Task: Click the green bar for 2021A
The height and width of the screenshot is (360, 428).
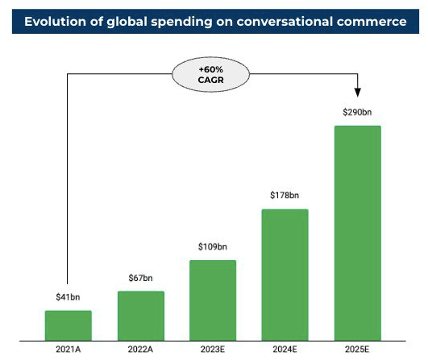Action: click(68, 324)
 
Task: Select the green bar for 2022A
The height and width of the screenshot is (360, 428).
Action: click(140, 314)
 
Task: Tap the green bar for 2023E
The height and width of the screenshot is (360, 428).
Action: click(213, 299)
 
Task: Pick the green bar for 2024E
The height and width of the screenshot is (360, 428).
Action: click(285, 273)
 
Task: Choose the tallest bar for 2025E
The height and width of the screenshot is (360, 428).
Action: click(357, 231)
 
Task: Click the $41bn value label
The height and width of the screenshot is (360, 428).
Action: click(68, 297)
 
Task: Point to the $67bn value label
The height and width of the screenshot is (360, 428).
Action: click(140, 278)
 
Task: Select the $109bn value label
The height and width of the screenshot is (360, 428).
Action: click(213, 246)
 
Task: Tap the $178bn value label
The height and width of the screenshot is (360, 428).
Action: click(285, 196)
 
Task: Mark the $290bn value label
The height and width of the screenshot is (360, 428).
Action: click(357, 112)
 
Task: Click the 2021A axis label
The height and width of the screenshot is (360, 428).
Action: click(68, 349)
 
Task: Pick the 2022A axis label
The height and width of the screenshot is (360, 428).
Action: click(140, 349)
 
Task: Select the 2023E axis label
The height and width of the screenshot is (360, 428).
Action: click(213, 349)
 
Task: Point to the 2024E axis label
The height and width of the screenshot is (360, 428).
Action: click(285, 349)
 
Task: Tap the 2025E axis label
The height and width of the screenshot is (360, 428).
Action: click(357, 349)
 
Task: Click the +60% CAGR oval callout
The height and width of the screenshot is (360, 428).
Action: click(213, 75)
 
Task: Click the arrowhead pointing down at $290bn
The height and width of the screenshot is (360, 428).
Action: click(357, 95)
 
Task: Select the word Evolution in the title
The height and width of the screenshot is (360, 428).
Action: click(58, 22)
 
